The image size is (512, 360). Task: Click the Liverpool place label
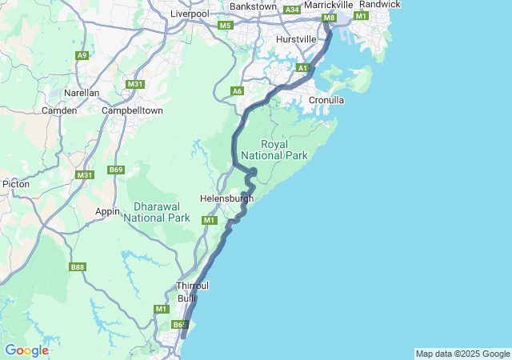pos(190,14)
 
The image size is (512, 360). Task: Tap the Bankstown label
pos(253,6)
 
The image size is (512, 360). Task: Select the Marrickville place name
pos(329,5)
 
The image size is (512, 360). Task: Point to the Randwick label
pos(380,5)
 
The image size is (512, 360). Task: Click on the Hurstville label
pos(296,39)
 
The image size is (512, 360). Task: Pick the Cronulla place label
pos(326,100)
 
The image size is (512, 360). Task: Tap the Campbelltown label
pos(132,110)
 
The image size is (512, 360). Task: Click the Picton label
pos(16,184)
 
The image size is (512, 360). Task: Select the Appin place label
pos(107,211)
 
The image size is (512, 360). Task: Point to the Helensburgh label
pos(226,198)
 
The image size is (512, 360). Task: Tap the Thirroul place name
pos(192,286)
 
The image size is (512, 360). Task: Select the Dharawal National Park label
pos(157,211)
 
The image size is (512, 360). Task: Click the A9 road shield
pos(82,55)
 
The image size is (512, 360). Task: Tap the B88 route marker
pos(78,267)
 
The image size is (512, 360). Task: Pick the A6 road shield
pos(237,91)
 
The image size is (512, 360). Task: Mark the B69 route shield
pos(117,170)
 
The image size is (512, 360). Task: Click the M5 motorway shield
pos(225,26)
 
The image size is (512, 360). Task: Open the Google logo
pos(26,350)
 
